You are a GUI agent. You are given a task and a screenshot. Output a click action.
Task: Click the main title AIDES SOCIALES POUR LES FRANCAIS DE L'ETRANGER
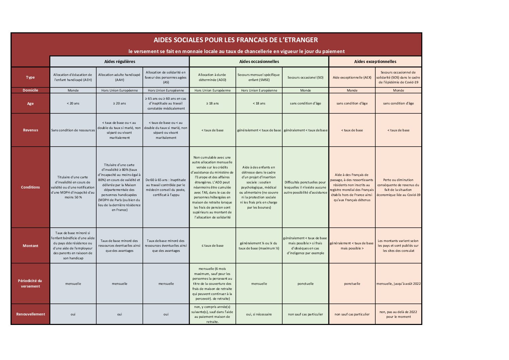236,40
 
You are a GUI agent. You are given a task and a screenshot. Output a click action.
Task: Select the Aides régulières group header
119,62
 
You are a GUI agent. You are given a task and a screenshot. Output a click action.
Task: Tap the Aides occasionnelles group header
259,62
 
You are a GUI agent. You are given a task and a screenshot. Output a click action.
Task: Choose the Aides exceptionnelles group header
375,62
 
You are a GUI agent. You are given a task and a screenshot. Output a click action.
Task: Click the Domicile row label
30,90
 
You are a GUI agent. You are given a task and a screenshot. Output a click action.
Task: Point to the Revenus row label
30,130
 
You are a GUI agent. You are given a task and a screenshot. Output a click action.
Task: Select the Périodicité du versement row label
30,283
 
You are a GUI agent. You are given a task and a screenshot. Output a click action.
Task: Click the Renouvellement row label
30,314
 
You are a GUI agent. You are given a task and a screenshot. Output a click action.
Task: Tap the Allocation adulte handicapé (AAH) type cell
119,77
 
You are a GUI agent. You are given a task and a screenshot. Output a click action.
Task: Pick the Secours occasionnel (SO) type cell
305,78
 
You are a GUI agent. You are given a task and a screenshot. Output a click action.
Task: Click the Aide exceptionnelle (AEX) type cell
352,78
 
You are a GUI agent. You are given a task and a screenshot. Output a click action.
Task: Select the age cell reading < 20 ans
73,103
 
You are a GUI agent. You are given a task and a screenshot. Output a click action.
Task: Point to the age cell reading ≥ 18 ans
213,103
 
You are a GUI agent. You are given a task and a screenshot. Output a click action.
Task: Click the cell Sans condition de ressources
73,130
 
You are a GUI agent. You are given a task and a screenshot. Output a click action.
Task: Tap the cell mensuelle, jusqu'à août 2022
398,284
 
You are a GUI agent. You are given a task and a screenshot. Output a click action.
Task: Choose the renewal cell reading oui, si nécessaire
259,314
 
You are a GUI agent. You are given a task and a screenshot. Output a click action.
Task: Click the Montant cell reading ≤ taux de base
213,246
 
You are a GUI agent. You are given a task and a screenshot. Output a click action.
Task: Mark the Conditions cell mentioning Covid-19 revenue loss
398,187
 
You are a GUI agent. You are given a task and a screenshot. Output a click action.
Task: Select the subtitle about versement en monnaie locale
236,51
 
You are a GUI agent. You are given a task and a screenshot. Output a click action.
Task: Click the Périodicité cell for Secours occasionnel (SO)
305,284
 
